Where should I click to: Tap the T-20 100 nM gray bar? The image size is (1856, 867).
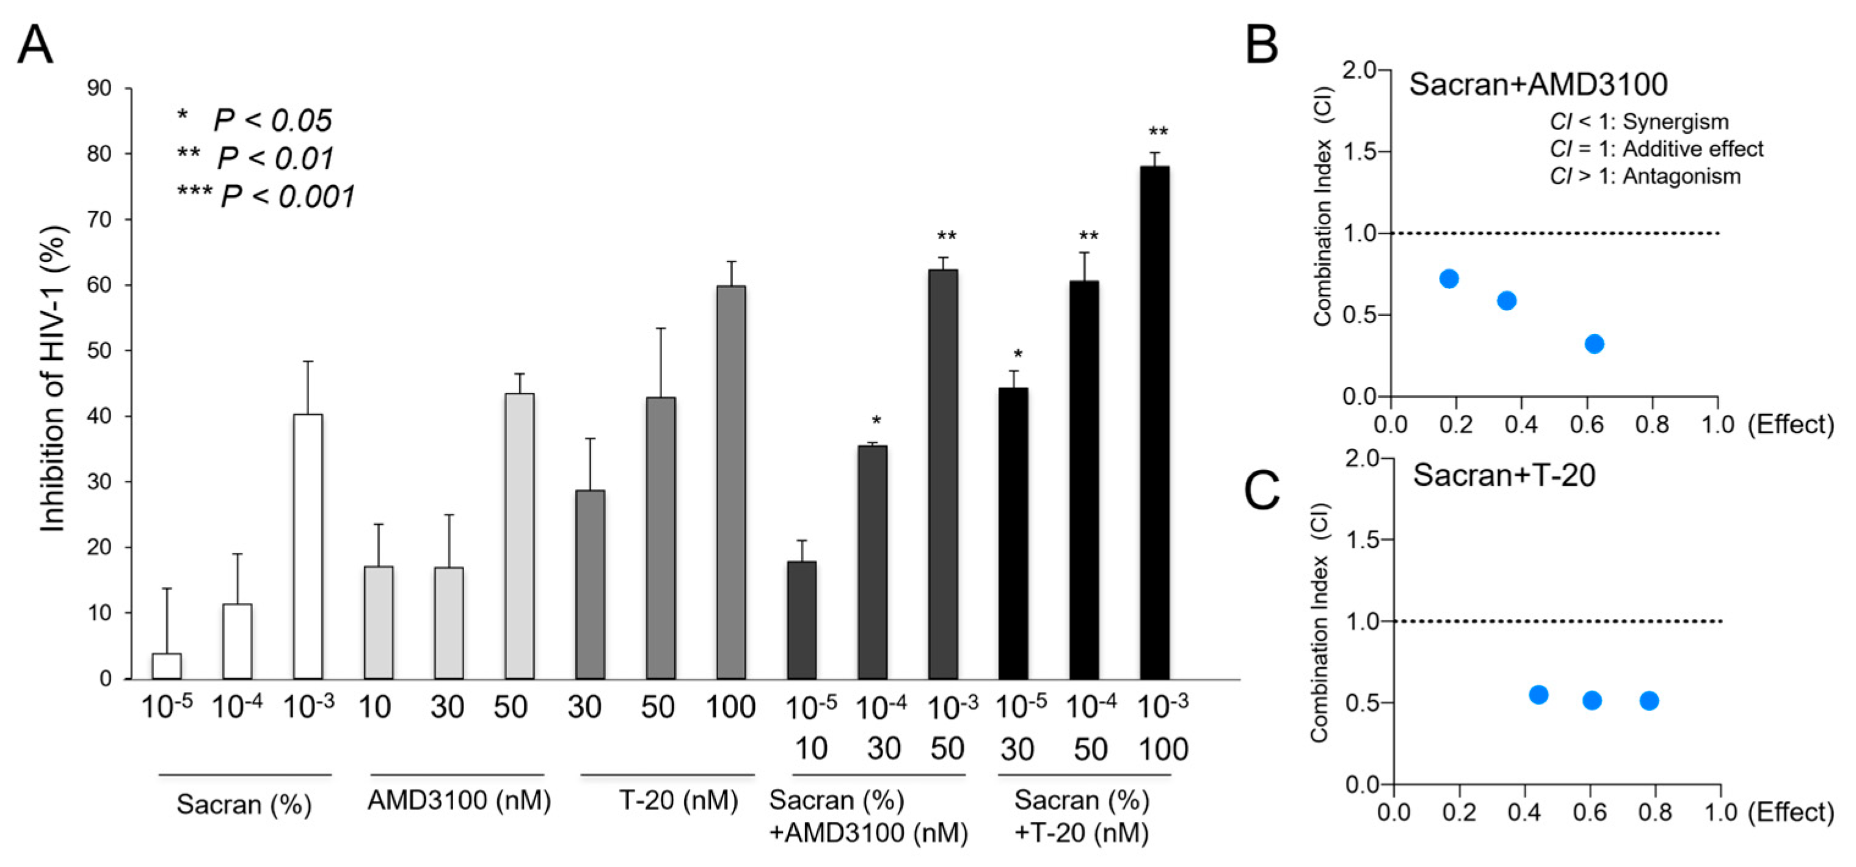(x=730, y=482)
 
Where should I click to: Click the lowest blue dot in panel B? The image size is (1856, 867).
(x=1595, y=344)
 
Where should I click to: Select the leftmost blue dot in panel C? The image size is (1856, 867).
(x=1538, y=694)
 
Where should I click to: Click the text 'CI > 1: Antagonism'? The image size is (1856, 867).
(x=1645, y=176)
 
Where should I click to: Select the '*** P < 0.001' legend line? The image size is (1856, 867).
(x=267, y=196)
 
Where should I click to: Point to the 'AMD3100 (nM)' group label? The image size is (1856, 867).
(x=459, y=800)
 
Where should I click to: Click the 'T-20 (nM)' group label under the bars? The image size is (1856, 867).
(x=678, y=800)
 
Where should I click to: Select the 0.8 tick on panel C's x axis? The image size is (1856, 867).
(x=1655, y=812)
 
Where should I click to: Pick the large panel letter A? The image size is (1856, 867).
(x=35, y=45)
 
